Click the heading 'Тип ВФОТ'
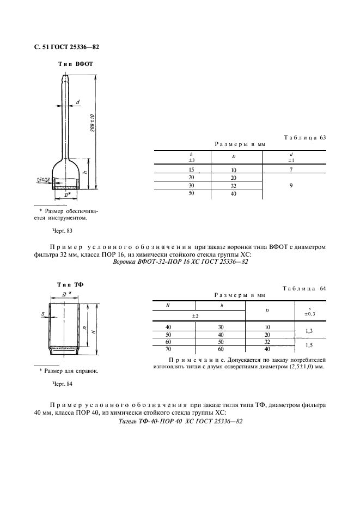[x=76, y=64]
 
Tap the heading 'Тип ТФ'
[x=70, y=285]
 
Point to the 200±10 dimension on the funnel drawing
[x=93, y=123]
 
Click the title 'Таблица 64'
[x=304, y=288]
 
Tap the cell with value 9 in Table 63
[x=292, y=186]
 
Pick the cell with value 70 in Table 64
[x=168, y=349]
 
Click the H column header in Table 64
[x=168, y=306]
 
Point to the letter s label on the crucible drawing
[x=42, y=313]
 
